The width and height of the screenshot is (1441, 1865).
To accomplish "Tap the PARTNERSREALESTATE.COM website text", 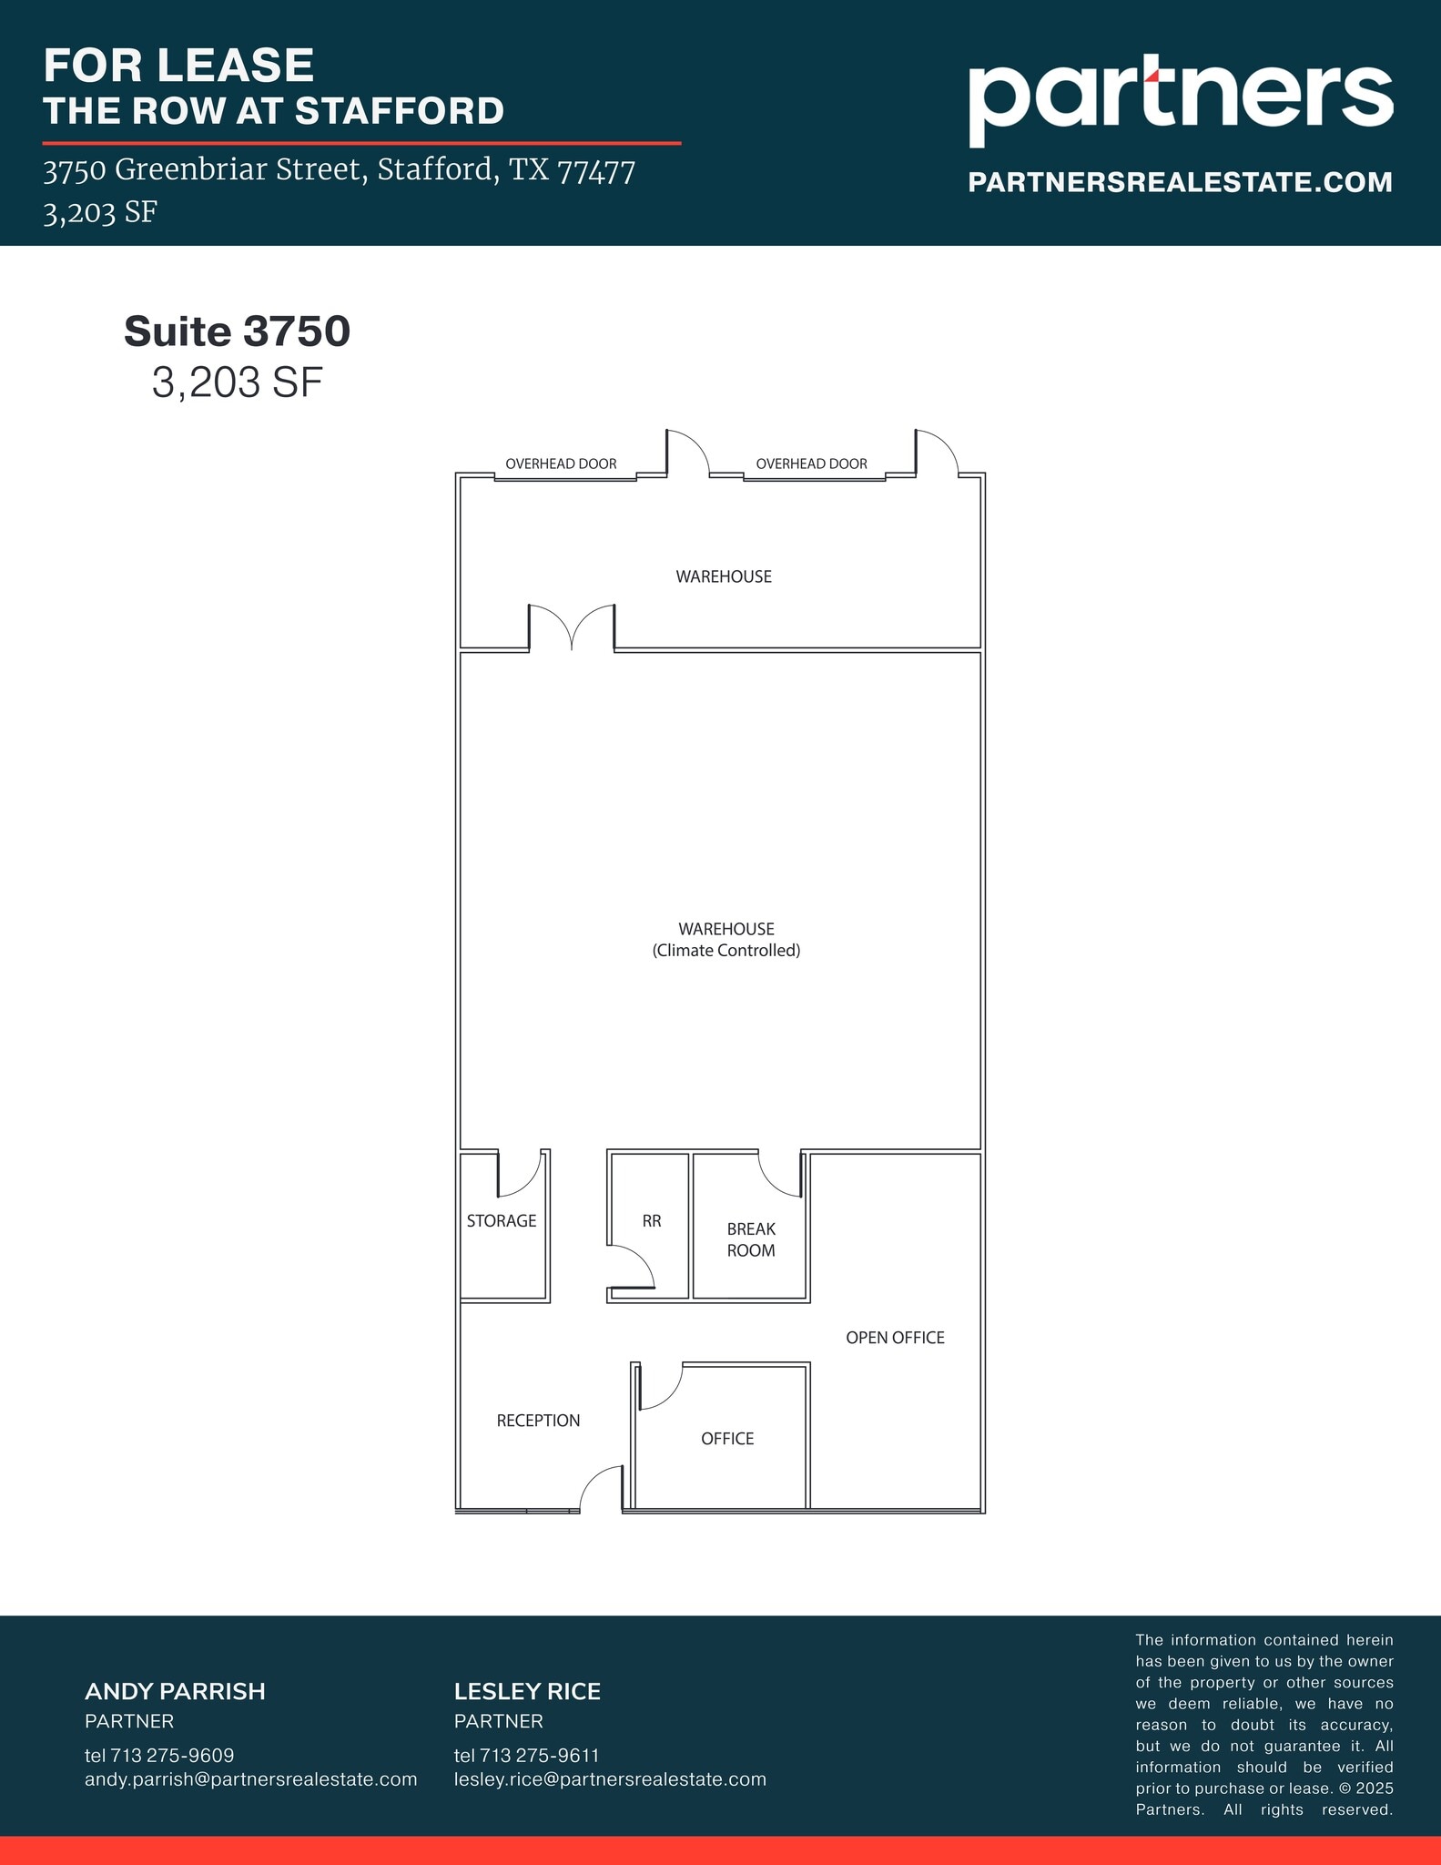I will coord(1180,182).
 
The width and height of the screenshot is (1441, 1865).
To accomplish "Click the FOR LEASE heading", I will coord(178,66).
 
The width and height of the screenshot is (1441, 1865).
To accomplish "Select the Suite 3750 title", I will coord(237,331).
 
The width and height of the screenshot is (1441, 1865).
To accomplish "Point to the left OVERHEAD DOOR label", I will coord(561,464).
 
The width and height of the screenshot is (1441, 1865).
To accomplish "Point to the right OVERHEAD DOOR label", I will coord(811,464).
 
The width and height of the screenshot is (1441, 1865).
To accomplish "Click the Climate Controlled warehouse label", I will coord(726,940).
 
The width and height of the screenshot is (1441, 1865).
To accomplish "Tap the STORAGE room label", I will coord(502,1221).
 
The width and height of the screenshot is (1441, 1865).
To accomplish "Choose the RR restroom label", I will coord(652,1221).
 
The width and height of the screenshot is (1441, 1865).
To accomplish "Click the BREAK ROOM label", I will coord(751,1239).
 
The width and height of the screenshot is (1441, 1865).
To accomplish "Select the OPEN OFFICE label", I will coord(895,1338).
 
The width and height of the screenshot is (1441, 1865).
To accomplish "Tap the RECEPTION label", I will coord(538,1421).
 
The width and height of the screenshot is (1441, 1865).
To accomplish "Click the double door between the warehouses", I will coord(572,627).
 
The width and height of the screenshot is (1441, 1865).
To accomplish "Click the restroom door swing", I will coord(633,1267).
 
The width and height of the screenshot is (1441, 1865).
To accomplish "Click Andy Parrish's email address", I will coord(250,1779).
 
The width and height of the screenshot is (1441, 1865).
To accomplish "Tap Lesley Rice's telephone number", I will coord(526,1755).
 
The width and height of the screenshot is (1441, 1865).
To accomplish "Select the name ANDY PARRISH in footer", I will coord(175,1692).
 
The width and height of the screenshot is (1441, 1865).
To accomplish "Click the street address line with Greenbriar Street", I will coord(339,170).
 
